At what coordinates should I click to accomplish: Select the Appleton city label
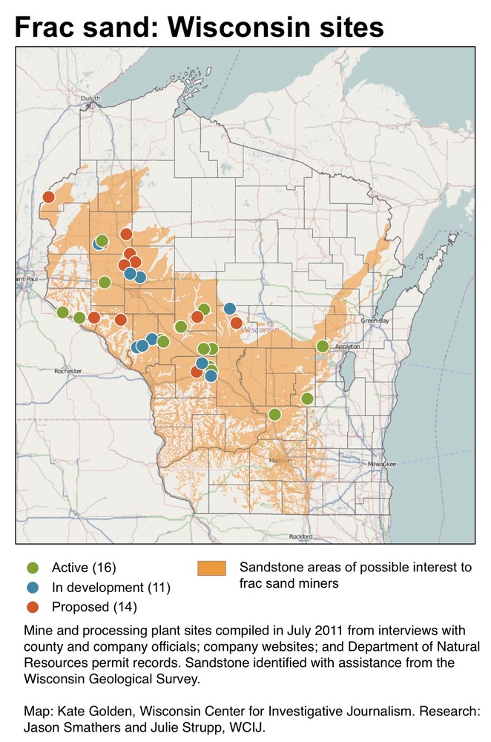[349, 347]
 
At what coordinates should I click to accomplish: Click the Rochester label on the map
[69, 370]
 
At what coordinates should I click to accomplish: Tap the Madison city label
[280, 460]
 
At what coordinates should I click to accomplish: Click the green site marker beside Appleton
[323, 347]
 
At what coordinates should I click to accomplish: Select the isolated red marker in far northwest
[48, 197]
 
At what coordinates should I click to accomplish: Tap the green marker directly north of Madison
[274, 414]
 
